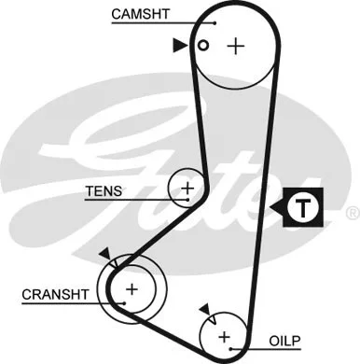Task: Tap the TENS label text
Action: (x=104, y=191)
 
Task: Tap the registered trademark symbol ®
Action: (x=352, y=214)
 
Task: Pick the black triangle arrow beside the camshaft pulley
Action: (x=179, y=45)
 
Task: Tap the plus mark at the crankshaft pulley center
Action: (x=132, y=288)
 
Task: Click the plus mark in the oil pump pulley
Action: (x=224, y=335)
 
